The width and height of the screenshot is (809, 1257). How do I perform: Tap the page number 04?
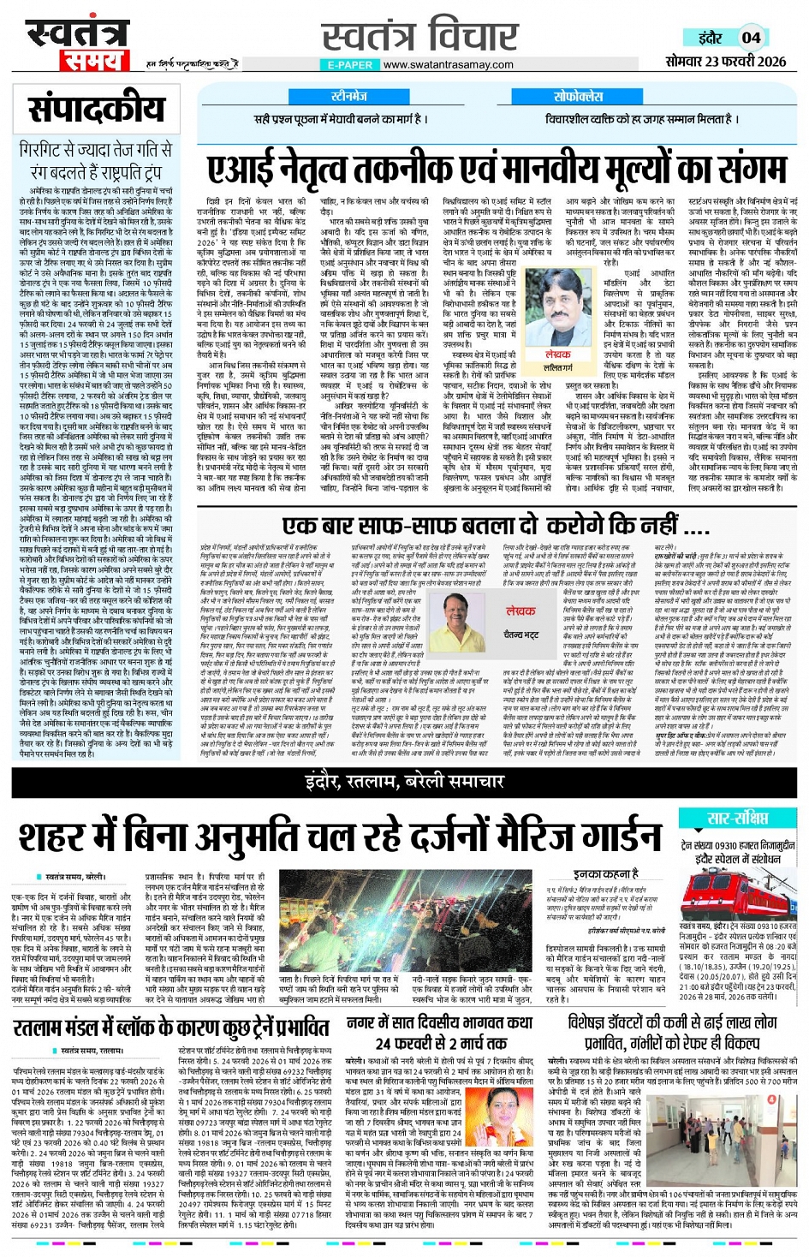coord(751,38)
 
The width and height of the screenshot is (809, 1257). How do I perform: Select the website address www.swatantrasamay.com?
coord(448,64)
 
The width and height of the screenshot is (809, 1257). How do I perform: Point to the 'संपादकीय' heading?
coord(96,110)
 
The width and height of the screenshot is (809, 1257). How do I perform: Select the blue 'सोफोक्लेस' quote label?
coord(579,96)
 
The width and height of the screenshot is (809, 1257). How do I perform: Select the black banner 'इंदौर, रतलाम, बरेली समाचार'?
coord(404,780)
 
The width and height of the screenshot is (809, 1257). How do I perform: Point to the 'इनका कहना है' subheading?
coord(605,873)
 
